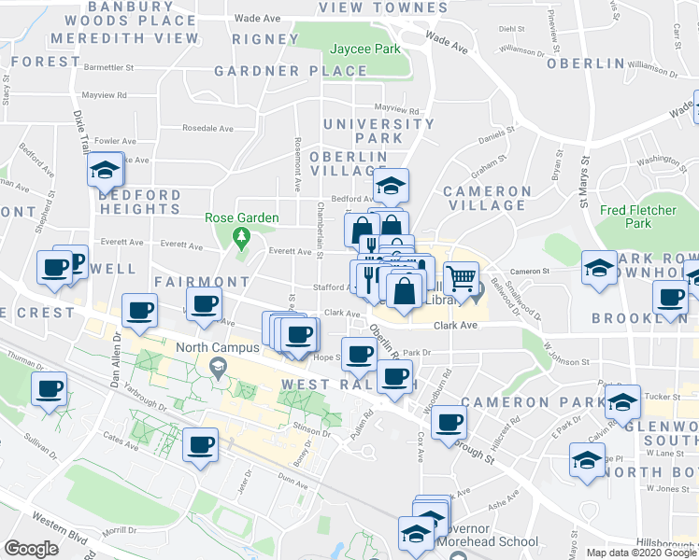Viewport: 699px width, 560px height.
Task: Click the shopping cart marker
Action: coord(462,278)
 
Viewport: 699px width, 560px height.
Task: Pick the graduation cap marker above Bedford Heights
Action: coord(106,170)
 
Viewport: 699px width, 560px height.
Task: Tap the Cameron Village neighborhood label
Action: coord(486,198)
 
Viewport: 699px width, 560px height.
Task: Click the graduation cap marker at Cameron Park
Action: coord(623,401)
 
